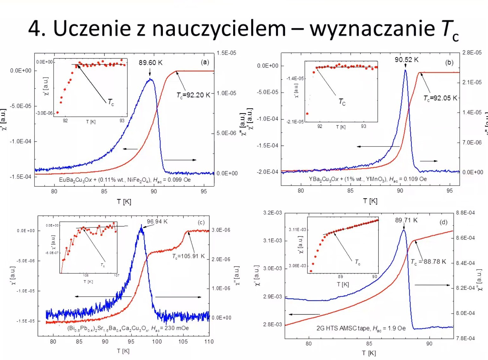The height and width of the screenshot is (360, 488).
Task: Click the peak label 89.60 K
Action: coord(151,62)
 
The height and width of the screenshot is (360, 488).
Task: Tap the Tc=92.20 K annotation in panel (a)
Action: coord(193,95)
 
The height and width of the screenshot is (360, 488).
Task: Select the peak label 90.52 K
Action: coord(406,60)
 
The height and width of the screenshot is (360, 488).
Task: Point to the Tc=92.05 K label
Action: coord(440,98)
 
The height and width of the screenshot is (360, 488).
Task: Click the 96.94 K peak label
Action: coord(157,221)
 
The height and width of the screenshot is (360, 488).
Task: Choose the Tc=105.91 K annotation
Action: coord(189,256)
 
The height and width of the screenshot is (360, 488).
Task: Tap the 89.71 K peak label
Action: coord(406,220)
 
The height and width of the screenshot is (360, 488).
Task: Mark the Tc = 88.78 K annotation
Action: coord(428,262)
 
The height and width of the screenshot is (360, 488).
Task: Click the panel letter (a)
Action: coord(205,62)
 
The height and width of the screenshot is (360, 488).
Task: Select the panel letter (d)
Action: coord(443,222)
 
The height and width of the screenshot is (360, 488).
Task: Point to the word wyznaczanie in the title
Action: coord(372,29)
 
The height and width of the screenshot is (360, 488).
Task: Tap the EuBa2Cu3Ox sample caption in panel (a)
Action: coord(125,180)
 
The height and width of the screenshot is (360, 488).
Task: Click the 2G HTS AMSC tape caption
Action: coord(361,328)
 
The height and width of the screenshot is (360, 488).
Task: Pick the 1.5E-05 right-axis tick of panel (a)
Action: coord(226,53)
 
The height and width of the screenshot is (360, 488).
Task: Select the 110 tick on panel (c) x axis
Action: coord(209,342)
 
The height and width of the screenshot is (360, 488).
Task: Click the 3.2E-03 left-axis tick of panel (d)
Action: coord(272,213)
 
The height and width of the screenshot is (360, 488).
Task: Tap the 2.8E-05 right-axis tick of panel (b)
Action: coord(472,53)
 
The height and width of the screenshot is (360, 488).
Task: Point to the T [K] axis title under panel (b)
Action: coord(370,201)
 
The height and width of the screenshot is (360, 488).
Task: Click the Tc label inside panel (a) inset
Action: coord(111,102)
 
